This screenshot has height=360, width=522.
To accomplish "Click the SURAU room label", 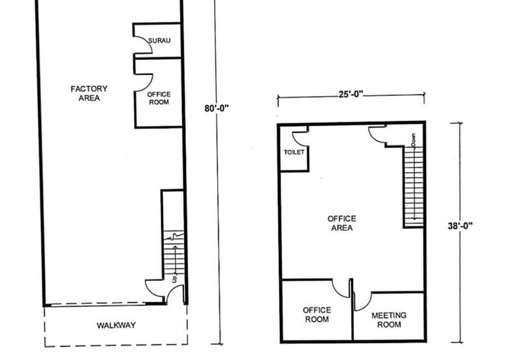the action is (159, 40).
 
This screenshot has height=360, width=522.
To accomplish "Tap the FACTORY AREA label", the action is (89, 93).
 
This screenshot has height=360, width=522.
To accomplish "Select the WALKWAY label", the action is (116, 325).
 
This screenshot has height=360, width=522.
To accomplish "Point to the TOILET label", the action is (294, 152).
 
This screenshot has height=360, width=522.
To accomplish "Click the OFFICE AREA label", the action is (341, 223).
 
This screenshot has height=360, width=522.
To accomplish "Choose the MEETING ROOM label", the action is (389, 320).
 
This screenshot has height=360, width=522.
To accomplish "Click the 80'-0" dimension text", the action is (217, 108).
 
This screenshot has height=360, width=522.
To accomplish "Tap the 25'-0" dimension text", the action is (351, 94).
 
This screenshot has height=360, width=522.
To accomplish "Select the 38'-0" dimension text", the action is (460, 226).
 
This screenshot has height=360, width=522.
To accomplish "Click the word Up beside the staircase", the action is (174, 279).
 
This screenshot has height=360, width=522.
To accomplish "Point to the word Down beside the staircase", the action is (413, 140).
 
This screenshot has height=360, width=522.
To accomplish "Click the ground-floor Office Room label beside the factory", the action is (159, 98).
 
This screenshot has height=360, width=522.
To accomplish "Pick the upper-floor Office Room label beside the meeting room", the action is (317, 314).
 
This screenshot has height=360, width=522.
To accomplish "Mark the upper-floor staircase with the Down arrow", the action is (414, 187).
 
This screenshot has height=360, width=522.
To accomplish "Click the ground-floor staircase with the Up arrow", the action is (174, 253).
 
